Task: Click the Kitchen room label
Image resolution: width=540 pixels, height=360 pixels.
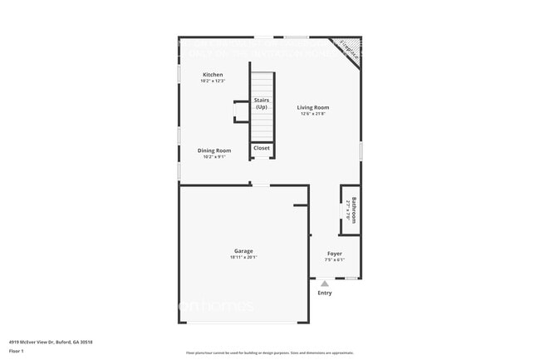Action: [212, 75]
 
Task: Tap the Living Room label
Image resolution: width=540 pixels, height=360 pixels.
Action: [313, 107]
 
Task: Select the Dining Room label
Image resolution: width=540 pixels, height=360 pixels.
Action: [212, 150]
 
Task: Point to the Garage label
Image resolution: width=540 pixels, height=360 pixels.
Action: [243, 251]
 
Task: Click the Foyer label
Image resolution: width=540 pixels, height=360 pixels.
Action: [334, 254]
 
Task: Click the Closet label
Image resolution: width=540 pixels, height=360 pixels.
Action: [262, 148]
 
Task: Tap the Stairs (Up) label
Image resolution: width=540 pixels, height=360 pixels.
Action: [262, 103]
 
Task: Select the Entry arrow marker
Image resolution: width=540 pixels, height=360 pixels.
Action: [324, 284]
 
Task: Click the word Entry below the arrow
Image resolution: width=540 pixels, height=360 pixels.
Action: [324, 293]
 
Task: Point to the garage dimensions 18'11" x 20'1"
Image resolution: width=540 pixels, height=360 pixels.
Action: [243, 258]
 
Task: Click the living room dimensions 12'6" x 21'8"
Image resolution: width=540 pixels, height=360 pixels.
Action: [313, 114]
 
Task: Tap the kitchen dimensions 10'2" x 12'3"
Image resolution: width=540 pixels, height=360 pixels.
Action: [212, 81]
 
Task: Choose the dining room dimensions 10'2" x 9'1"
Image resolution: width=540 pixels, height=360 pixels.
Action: [212, 157]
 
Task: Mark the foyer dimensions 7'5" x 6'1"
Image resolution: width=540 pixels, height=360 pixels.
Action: [334, 260]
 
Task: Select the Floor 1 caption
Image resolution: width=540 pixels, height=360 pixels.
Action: [17, 352]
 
